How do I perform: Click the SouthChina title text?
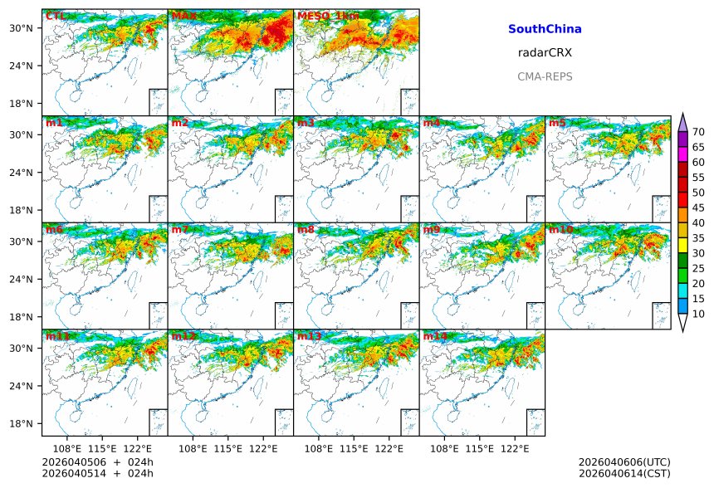[x=545, y=29]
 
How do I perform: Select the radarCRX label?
[x=545, y=52]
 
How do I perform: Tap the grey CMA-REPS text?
[x=545, y=76]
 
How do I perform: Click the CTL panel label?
[x=56, y=16]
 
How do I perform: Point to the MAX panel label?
[x=184, y=16]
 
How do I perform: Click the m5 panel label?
[x=557, y=123]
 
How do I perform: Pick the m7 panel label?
[x=181, y=229]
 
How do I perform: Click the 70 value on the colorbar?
[x=698, y=132]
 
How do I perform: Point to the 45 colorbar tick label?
[x=698, y=207]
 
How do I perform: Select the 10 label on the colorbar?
[x=698, y=314]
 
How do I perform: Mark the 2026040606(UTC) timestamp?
[x=624, y=461]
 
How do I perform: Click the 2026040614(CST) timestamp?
[x=624, y=473]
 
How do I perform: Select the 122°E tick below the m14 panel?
[x=516, y=448]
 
